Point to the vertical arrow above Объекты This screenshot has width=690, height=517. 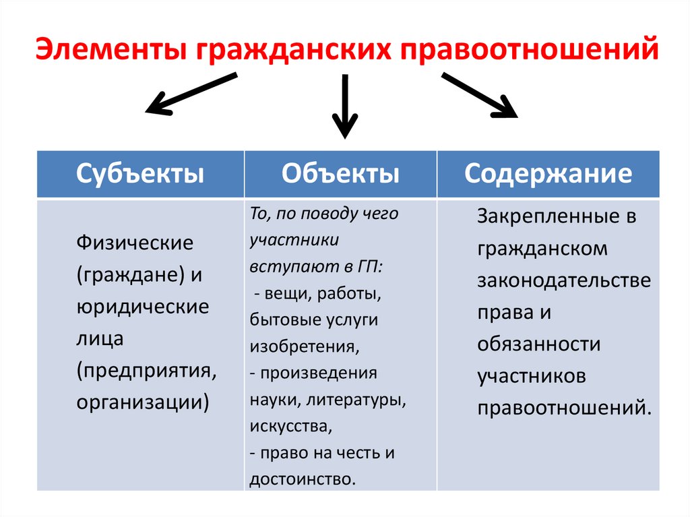pos(344,106)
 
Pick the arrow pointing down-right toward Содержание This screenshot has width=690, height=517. pos(479,96)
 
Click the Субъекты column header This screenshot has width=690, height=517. pos(140,174)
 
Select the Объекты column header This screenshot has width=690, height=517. pos(340,174)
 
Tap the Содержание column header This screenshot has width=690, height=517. pos(548,174)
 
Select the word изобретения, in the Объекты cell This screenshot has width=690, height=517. pos(304,346)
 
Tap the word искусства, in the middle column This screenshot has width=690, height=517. pos(290,427)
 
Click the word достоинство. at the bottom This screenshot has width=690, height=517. pos(302,480)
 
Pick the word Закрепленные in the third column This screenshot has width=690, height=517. pos(548,217)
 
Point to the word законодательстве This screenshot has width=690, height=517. pos(565,281)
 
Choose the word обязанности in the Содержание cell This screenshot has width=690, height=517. pos(539,345)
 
